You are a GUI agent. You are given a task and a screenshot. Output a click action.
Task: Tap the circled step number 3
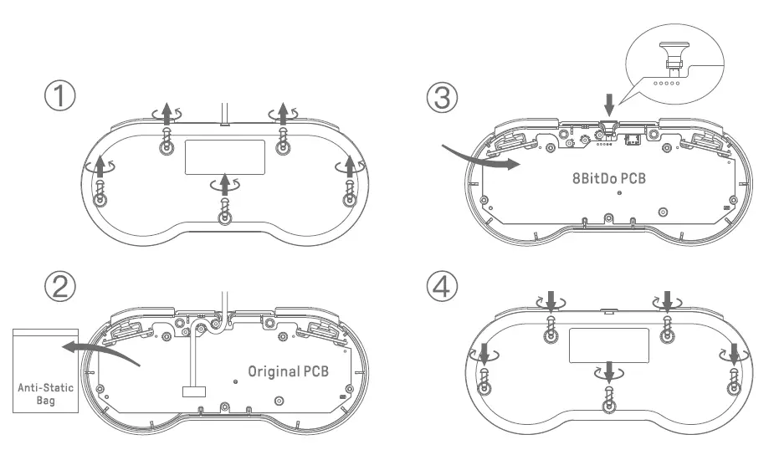point(442,98)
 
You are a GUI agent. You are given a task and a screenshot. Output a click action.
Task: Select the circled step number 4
point(442,287)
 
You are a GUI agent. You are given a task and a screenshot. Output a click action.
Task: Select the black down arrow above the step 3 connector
point(610,103)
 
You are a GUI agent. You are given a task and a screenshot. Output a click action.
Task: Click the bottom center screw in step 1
point(224,216)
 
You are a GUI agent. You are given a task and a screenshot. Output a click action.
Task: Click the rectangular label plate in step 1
point(225,156)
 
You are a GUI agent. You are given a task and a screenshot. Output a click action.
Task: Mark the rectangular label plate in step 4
point(608,345)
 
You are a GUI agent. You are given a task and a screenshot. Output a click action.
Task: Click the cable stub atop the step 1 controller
point(224,114)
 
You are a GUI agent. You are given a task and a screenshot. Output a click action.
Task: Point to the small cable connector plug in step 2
point(192,391)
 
